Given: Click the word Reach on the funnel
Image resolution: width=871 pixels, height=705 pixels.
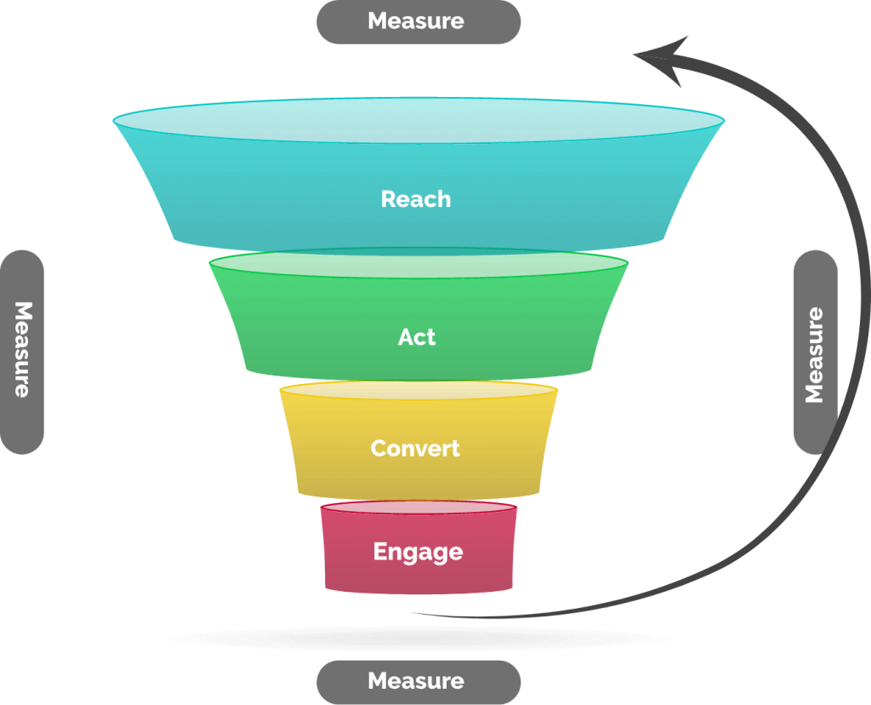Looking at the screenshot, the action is (x=415, y=199).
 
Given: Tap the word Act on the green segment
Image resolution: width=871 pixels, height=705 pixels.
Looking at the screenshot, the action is (x=417, y=337).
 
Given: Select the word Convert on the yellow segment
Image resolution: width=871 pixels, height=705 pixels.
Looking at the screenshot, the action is (x=415, y=448).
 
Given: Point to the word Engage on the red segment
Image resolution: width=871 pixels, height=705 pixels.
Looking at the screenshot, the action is (x=418, y=552).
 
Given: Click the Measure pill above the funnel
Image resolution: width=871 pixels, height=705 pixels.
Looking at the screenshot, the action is (x=418, y=21).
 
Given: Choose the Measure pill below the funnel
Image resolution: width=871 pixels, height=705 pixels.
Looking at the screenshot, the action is (x=418, y=682).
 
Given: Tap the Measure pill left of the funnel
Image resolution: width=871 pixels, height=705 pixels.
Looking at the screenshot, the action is (x=21, y=352).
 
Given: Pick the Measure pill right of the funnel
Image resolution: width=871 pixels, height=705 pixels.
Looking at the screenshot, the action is (x=816, y=352).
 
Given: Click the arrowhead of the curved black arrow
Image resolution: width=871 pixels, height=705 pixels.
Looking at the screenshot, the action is (x=663, y=59).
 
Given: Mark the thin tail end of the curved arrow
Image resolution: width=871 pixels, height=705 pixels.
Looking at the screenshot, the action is (x=413, y=613).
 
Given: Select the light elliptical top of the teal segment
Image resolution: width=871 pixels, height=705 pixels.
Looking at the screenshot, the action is (x=418, y=121).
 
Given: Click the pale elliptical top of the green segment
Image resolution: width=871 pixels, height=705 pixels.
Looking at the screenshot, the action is (x=418, y=263).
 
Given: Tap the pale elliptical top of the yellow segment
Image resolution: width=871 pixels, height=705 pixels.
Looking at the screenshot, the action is (x=418, y=390).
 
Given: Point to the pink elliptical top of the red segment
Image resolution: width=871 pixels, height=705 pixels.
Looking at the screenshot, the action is (x=418, y=507).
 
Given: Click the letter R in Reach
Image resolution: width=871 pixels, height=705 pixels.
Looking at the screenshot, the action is (x=388, y=199).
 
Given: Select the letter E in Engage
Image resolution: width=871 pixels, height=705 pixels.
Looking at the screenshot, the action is (x=380, y=551).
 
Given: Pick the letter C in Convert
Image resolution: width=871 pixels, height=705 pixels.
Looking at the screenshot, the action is (x=379, y=448).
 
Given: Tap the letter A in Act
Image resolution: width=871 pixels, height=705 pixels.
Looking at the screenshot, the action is (x=406, y=337).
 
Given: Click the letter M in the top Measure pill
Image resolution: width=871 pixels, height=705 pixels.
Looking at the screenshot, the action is (x=379, y=20).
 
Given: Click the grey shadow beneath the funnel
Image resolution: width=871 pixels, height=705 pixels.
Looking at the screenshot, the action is (x=418, y=639).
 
